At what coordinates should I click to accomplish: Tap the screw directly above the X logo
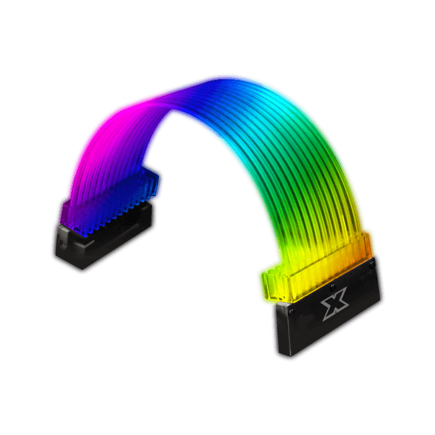tap(332, 286)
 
